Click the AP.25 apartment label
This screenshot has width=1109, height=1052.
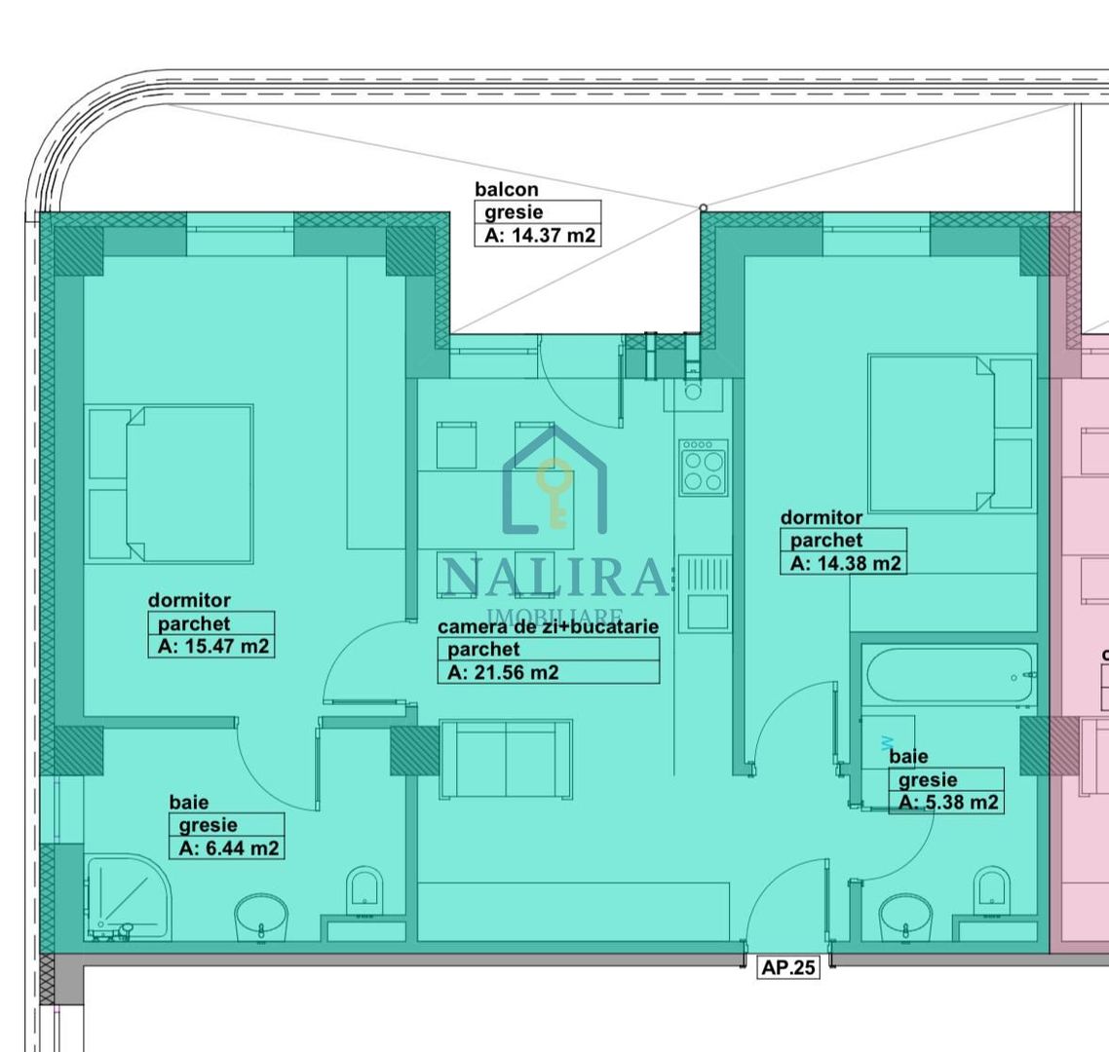787,968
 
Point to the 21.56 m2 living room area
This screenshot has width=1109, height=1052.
503,672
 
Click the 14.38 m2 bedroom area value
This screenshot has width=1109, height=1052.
845,563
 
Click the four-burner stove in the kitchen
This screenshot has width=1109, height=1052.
704,469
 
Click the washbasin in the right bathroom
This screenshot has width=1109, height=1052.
905,919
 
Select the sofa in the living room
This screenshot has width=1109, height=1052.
505,759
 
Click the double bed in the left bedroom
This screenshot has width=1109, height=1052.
171,484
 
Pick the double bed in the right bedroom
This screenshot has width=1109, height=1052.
949,432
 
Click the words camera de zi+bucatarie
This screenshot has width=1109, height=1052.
548,627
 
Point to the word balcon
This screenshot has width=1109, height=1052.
506,189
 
